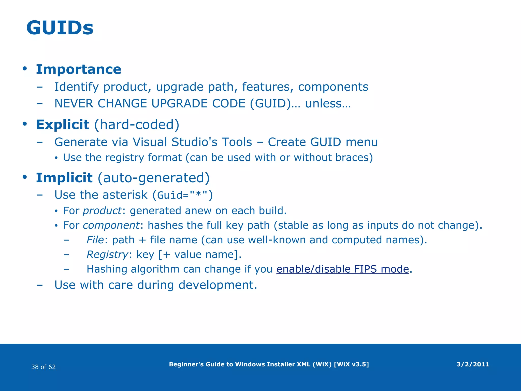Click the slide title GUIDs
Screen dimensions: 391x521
pyautogui.click(x=60, y=28)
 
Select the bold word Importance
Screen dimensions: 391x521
pyautogui.click(x=79, y=69)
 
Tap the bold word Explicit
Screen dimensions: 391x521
pyautogui.click(x=63, y=124)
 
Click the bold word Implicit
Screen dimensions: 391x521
pyautogui.click(x=64, y=178)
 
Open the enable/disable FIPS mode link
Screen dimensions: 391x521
pyautogui.click(x=343, y=269)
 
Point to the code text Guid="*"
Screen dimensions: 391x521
pyautogui.click(x=182, y=195)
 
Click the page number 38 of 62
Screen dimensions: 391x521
pyautogui.click(x=44, y=367)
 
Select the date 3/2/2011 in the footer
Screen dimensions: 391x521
pyautogui.click(x=473, y=364)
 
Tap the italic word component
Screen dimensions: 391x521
pyautogui.click(x=111, y=225)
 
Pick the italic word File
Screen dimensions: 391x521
pyautogui.click(x=95, y=240)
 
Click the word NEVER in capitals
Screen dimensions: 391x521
pyautogui.click(x=74, y=103)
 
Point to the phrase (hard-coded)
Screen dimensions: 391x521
pyautogui.click(x=137, y=124)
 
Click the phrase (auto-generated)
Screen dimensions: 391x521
pyautogui.click(x=154, y=178)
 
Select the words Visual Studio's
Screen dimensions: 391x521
pyautogui.click(x=192, y=142)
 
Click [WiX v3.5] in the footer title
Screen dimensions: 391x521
pyautogui.click(x=351, y=364)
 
